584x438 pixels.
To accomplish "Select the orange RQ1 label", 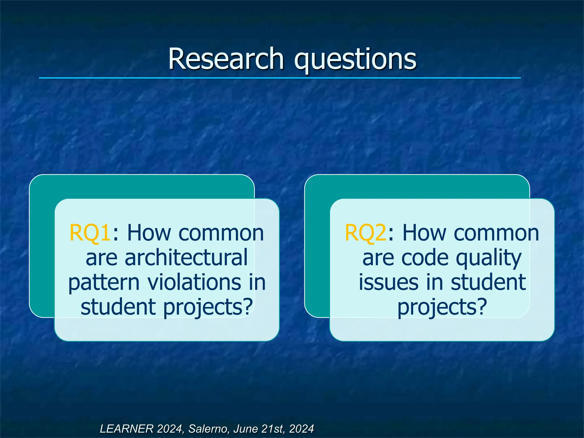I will pyautogui.click(x=90, y=233).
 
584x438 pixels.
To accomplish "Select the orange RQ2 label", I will pyautogui.click(x=365, y=233).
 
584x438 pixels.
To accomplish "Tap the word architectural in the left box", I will pyautogui.click(x=186, y=257).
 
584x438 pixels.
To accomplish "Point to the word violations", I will pyautogui.click(x=194, y=282).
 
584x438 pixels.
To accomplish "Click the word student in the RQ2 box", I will pyautogui.click(x=488, y=282).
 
